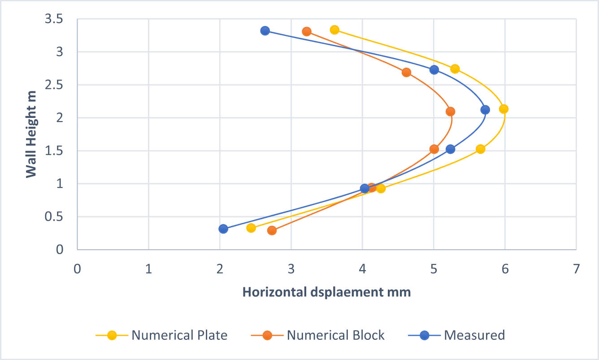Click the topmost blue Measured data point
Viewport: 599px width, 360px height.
(265, 31)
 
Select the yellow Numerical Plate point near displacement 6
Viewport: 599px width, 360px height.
(504, 109)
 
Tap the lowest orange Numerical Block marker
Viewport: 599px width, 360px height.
(272, 230)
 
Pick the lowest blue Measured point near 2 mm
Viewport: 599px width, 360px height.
(223, 229)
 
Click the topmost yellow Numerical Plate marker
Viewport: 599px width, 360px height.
(334, 30)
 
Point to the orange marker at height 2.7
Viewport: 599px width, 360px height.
(406, 73)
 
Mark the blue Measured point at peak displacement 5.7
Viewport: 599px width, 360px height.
(485, 110)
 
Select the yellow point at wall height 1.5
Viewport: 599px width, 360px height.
(480, 149)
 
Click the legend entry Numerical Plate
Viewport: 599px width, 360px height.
(179, 335)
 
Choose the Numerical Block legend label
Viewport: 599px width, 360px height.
(335, 335)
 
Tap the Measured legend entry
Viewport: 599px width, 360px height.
(474, 335)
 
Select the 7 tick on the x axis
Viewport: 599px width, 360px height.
(576, 270)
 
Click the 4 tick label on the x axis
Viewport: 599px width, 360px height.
(362, 270)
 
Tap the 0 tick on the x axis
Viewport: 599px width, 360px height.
(77, 270)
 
